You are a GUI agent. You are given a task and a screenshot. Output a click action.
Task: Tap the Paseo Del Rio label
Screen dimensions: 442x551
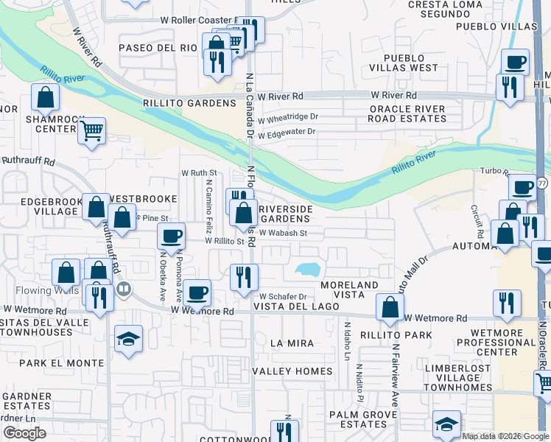[x=158, y=48]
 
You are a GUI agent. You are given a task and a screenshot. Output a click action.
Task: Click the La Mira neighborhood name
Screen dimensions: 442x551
[x=292, y=343]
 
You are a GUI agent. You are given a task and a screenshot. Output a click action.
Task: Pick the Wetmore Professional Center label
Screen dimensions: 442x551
[x=498, y=343]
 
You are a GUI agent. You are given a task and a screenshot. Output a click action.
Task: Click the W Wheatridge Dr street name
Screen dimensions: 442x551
[x=287, y=116]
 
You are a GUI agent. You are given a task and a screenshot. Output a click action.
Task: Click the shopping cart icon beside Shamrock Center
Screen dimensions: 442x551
[x=91, y=131]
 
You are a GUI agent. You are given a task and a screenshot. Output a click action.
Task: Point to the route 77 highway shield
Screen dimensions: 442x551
[x=542, y=183]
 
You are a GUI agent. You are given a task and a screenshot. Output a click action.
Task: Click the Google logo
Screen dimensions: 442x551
[x=24, y=433]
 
